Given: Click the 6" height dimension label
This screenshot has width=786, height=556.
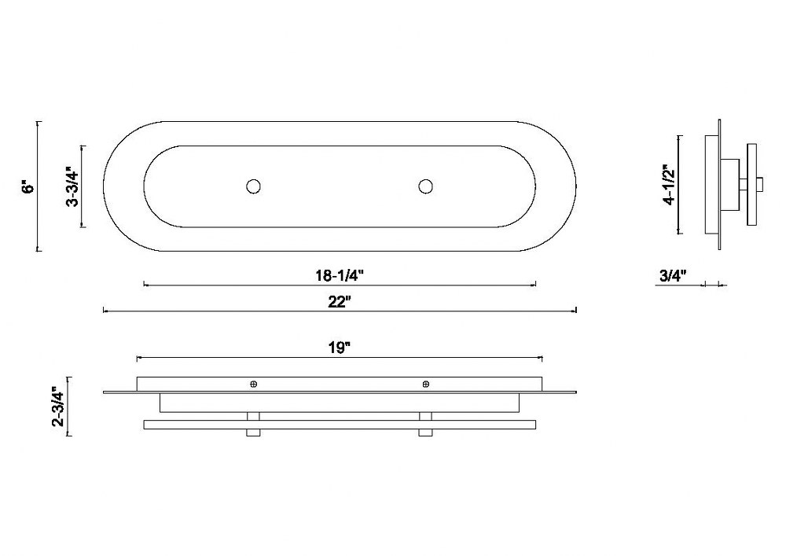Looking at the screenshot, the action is click(x=30, y=187).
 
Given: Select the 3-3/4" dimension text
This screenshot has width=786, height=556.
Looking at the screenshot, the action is click(x=72, y=187).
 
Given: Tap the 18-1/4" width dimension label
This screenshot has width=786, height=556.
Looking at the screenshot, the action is click(x=339, y=275).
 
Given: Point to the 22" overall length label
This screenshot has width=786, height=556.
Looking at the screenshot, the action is click(x=340, y=302).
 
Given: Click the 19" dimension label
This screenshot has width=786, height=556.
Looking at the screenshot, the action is click(x=340, y=348).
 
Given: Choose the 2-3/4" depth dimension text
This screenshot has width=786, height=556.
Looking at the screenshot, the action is click(x=59, y=407).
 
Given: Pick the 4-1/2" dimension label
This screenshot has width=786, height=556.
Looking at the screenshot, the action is click(x=669, y=185).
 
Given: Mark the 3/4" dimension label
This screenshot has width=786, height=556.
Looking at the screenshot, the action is click(x=672, y=275).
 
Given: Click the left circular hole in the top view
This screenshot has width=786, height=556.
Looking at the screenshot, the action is click(x=254, y=186).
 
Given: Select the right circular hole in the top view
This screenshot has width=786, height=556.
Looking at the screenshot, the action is click(x=425, y=186).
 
